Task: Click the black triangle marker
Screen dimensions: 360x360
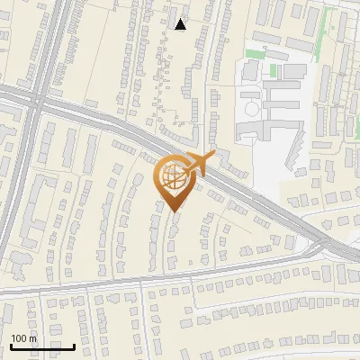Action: coord(181,24)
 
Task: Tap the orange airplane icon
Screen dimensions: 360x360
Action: coord(198,165)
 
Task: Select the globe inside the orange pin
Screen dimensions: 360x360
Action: coord(174,177)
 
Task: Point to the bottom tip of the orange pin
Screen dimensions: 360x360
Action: coord(174,211)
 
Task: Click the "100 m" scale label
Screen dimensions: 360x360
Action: coord(23,338)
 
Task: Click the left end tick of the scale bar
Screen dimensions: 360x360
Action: coord(11,346)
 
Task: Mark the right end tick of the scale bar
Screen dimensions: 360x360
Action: coord(75,346)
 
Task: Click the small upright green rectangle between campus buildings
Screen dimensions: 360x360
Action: coord(277,71)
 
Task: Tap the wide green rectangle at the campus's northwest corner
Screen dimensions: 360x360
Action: coord(255,55)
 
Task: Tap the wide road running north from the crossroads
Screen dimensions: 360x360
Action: coord(50,45)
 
